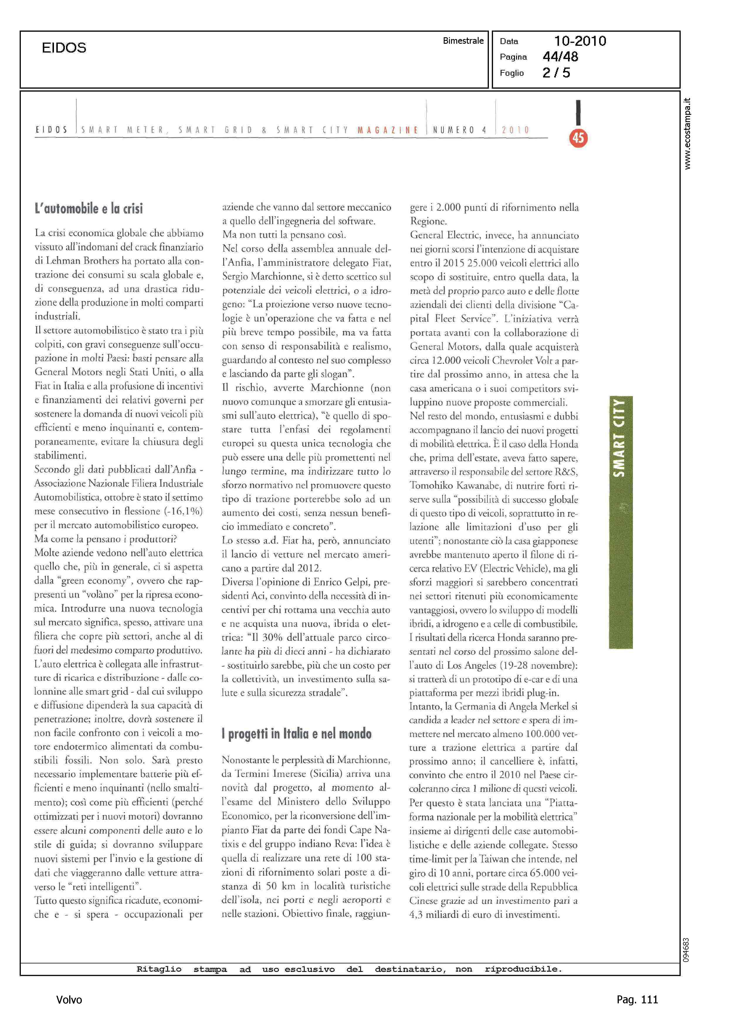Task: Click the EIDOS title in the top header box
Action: click(64, 48)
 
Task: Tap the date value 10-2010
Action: click(580, 41)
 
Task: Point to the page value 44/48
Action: click(560, 57)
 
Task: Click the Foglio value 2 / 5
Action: click(556, 73)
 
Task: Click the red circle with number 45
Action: click(578, 138)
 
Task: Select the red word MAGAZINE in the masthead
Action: click(388, 130)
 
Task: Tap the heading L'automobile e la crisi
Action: click(89, 208)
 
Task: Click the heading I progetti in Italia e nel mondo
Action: click(296, 734)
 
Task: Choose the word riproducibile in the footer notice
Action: click(523, 969)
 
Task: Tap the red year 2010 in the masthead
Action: click(516, 130)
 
